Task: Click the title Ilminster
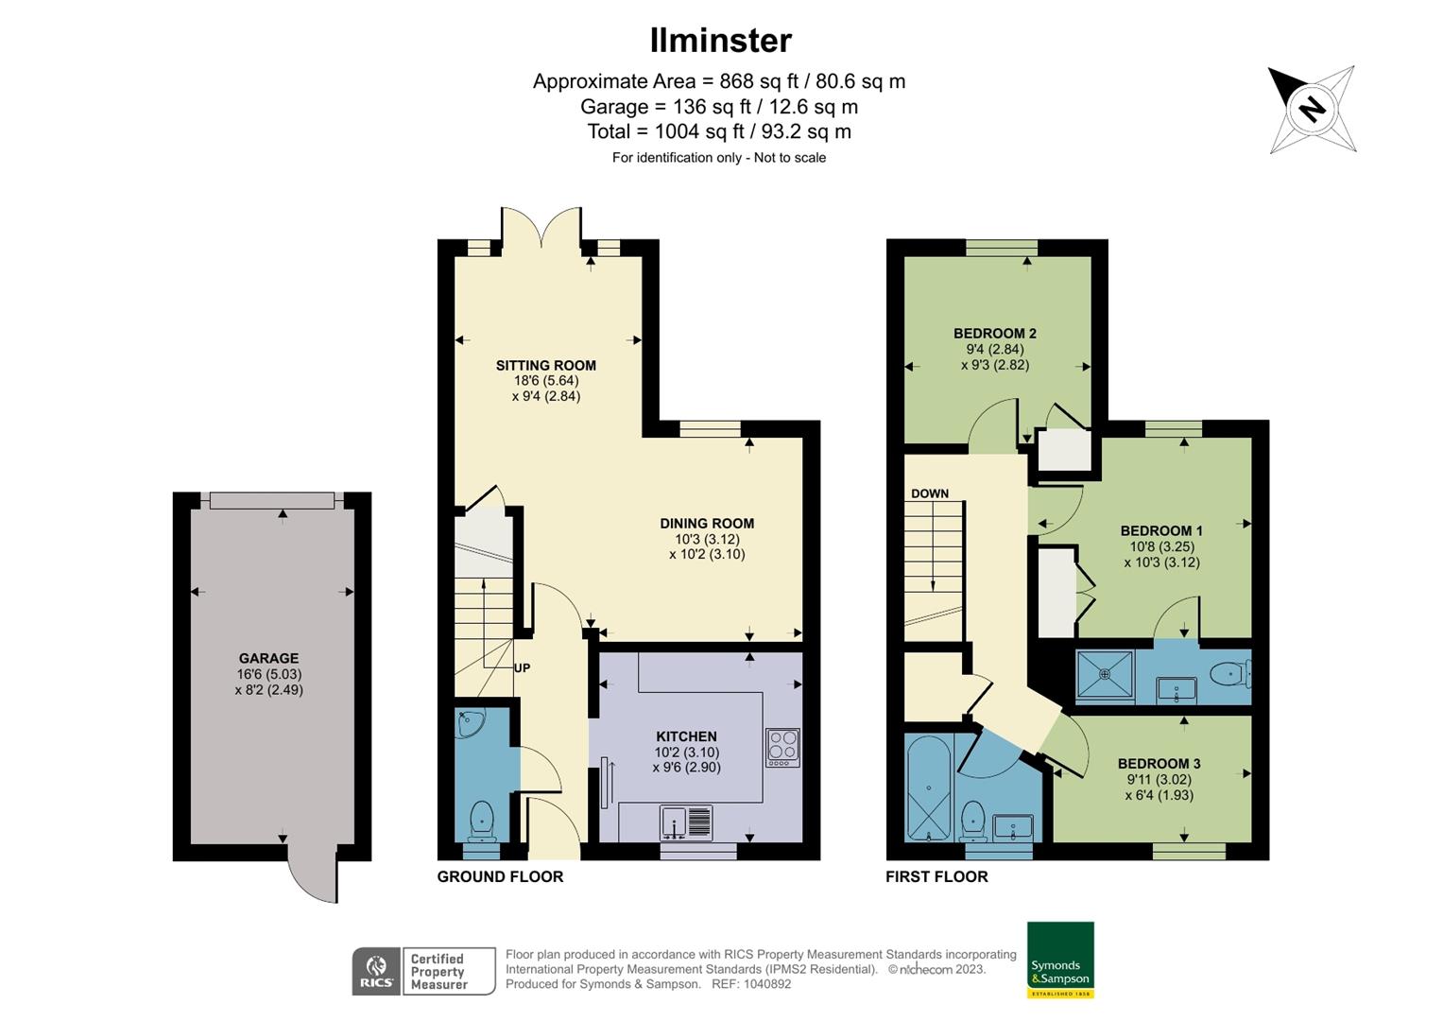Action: [x=720, y=41]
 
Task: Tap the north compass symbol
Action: [x=1312, y=109]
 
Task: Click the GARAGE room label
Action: [x=269, y=659]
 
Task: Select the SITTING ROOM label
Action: [x=546, y=366]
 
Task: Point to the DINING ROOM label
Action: [x=707, y=524]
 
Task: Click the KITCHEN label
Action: [x=686, y=736]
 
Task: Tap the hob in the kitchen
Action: [x=782, y=747]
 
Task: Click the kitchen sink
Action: [x=686, y=822]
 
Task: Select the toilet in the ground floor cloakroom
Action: [x=482, y=819]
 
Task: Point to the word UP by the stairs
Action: [x=522, y=668]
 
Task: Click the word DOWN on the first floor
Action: [x=930, y=493]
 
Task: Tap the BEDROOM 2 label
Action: [x=994, y=334]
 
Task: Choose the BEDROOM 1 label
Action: [x=1161, y=531]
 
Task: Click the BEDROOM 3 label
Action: [x=1159, y=764]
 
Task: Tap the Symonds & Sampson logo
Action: [x=1060, y=960]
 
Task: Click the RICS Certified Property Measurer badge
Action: [x=423, y=971]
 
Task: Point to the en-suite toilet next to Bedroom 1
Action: [x=1228, y=674]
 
